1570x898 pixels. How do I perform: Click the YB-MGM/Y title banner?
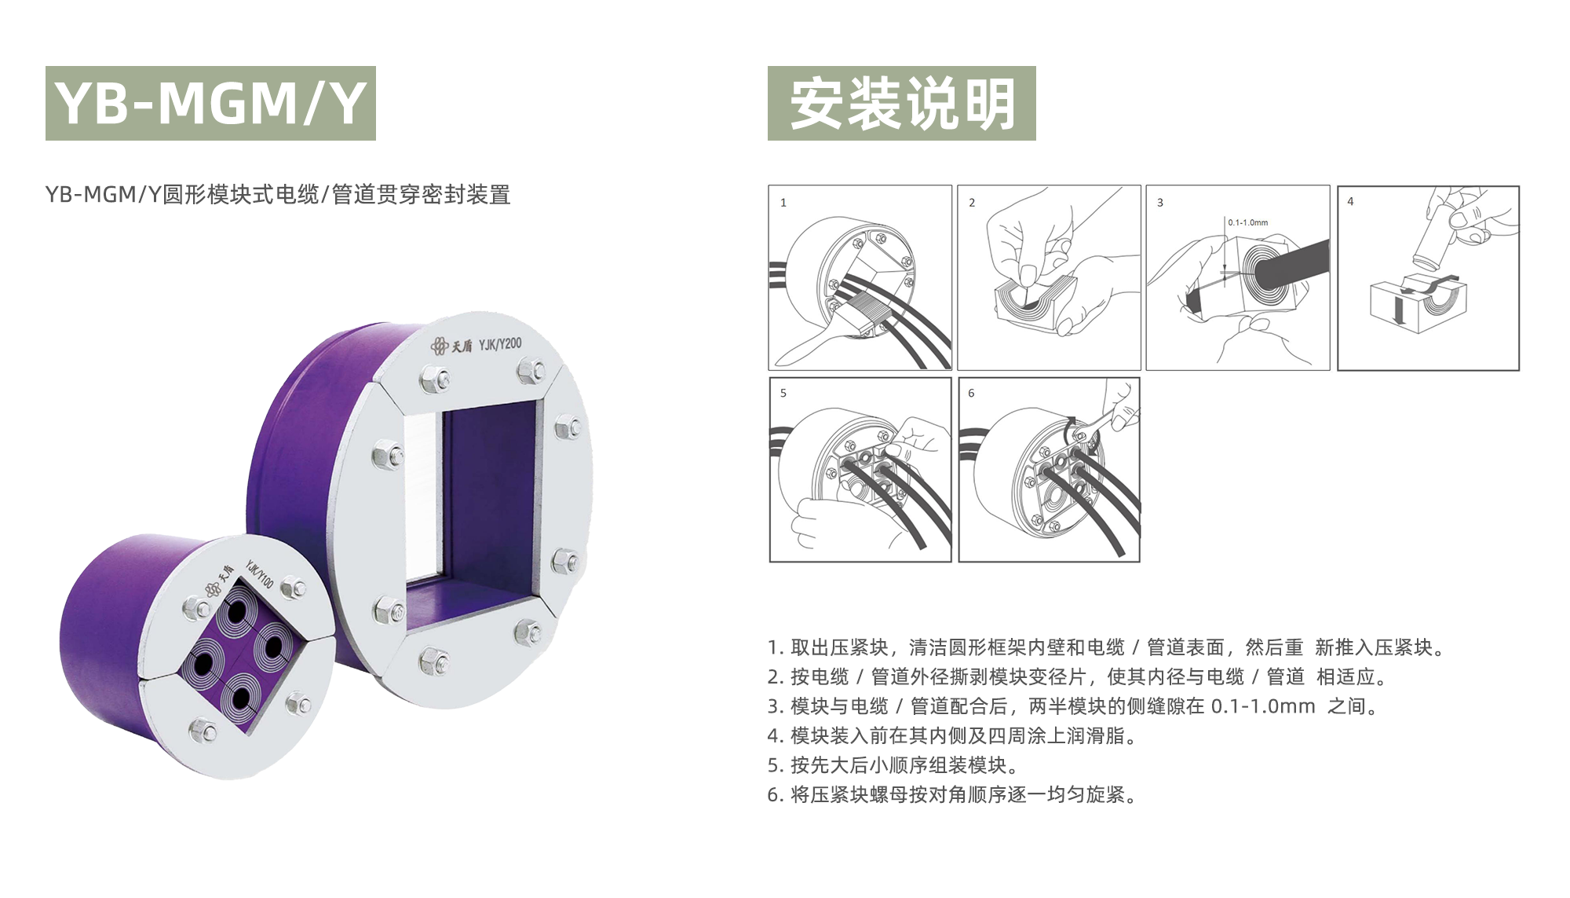click(210, 103)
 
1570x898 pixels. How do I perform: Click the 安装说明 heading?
click(902, 103)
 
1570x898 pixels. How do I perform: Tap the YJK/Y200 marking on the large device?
click(500, 344)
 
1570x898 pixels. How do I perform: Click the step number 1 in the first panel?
click(783, 203)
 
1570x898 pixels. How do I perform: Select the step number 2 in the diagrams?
click(972, 203)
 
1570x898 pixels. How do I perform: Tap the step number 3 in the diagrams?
click(1160, 203)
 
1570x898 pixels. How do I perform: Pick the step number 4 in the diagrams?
click(1350, 202)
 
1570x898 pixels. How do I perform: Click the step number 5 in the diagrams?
click(783, 393)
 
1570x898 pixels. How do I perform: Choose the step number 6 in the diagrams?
click(971, 393)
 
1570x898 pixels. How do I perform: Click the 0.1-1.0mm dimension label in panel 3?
click(1248, 222)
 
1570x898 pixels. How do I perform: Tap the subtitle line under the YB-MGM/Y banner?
click(278, 194)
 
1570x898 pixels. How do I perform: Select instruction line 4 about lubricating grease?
click(952, 736)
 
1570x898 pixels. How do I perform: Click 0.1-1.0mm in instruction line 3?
click(1263, 706)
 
